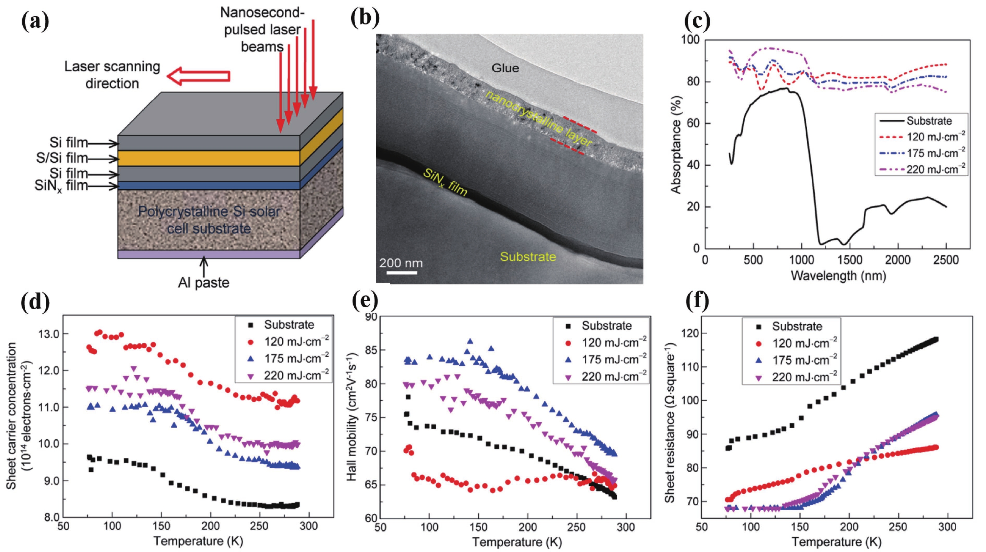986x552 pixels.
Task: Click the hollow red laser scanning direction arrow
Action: pos(199,76)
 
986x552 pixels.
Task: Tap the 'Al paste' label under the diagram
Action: pos(204,283)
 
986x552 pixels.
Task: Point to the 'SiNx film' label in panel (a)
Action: pos(61,186)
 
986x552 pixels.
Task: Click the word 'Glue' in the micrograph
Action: pos(505,68)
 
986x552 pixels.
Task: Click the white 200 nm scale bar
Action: pos(401,273)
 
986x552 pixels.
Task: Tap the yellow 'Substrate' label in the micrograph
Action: pos(528,257)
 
